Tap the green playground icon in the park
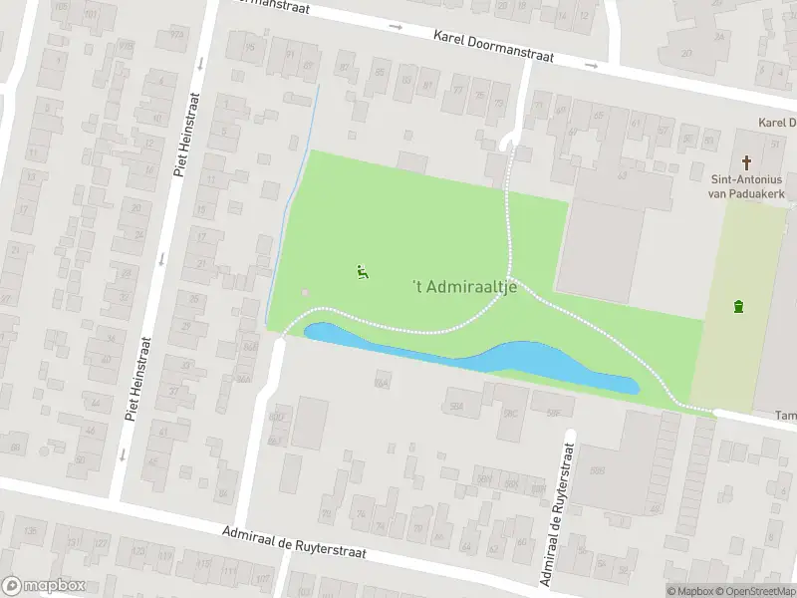(x=361, y=270)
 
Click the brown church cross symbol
(x=746, y=161)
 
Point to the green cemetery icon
(x=738, y=306)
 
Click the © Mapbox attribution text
(x=689, y=590)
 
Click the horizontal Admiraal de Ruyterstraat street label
(x=295, y=544)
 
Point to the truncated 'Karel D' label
(x=776, y=122)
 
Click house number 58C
(x=511, y=413)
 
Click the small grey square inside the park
(x=305, y=292)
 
